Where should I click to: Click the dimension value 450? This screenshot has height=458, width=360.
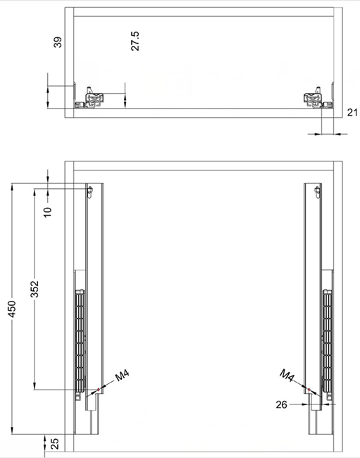point(12,309)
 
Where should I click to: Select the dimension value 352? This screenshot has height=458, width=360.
point(35,289)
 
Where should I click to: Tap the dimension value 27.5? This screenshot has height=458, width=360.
point(135,41)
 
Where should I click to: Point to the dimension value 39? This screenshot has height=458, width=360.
point(58,42)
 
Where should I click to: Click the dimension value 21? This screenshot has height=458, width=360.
point(352,112)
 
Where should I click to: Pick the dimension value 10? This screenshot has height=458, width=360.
point(48,212)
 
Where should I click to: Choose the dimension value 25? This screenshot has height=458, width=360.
point(54,444)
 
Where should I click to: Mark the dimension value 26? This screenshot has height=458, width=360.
point(282,404)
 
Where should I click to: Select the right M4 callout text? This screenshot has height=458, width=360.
point(287,376)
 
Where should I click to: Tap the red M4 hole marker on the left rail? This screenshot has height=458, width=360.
point(99,390)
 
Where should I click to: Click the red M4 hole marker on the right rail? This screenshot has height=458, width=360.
point(309,390)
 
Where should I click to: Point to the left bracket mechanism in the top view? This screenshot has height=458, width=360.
point(94,98)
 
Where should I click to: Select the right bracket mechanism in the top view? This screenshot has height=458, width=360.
point(314,98)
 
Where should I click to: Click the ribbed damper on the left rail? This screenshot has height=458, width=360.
point(80,340)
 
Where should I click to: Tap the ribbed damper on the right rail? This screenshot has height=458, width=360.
point(328,340)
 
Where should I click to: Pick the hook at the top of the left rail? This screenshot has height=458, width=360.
point(90,191)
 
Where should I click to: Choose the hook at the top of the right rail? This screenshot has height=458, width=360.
point(317,191)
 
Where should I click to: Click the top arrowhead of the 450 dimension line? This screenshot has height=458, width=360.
point(12,187)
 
